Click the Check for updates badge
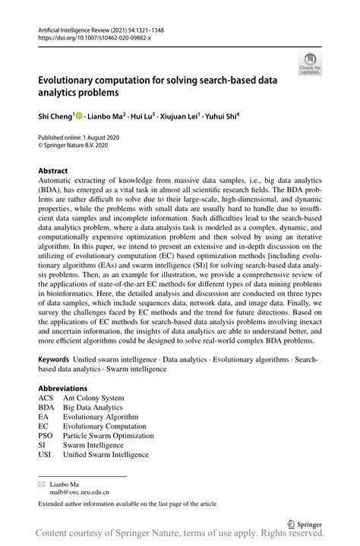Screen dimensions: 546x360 pyautogui.click(x=309, y=63)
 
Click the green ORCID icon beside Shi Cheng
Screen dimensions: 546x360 pyautogui.click(x=78, y=116)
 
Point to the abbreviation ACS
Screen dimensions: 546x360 pyautogui.click(x=46, y=398)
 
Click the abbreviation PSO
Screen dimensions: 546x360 pyautogui.click(x=46, y=436)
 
